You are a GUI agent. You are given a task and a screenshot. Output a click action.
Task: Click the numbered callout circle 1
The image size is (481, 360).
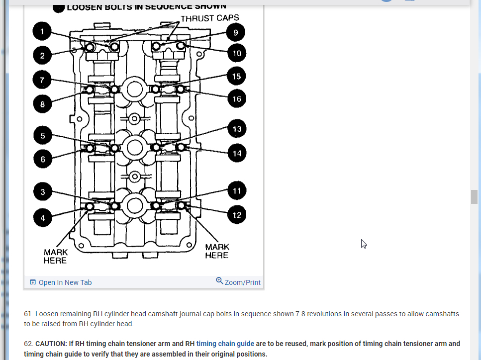click(x=42, y=32)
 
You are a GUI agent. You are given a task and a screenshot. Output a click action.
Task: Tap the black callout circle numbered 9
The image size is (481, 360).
click(x=235, y=33)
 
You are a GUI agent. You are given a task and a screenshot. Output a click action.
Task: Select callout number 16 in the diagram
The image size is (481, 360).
click(x=237, y=98)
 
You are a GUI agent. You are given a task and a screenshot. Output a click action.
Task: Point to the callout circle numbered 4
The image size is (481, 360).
click(x=43, y=218)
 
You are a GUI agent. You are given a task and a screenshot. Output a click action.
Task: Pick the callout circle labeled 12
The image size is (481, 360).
click(x=237, y=215)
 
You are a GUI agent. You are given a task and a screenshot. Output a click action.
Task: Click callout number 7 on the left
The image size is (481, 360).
click(x=42, y=80)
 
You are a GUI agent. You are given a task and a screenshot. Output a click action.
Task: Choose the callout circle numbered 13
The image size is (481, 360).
click(x=237, y=129)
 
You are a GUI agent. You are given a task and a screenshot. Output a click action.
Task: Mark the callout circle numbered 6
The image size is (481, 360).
click(x=43, y=159)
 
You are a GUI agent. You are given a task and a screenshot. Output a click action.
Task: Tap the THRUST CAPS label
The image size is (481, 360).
click(x=209, y=18)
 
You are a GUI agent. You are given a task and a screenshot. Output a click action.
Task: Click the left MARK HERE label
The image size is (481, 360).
click(x=55, y=257)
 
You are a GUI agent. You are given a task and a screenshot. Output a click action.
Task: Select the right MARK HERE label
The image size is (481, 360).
click(x=217, y=251)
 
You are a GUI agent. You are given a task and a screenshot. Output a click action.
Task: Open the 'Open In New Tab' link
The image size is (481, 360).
click(x=65, y=282)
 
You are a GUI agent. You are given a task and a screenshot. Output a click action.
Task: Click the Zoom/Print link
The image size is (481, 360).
click(x=243, y=282)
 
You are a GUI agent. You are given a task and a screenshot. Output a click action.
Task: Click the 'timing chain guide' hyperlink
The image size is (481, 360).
click(x=225, y=343)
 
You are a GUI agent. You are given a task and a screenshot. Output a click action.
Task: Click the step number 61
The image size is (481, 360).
click(x=28, y=314)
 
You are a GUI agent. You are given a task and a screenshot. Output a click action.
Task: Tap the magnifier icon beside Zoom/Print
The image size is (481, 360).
click(x=219, y=281)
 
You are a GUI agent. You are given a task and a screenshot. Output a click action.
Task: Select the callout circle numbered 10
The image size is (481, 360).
click(x=237, y=53)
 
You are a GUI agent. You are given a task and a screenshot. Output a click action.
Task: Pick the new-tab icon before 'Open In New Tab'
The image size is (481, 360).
click(x=33, y=282)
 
